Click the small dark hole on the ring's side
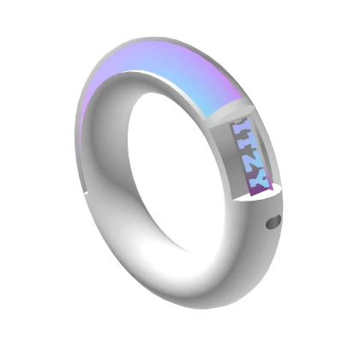273,223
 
